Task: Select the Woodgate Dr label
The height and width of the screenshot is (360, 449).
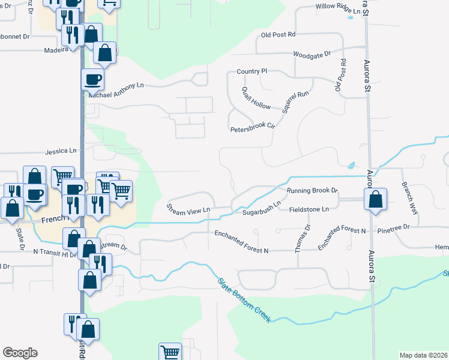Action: [312, 54]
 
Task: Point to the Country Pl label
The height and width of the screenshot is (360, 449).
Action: [252, 71]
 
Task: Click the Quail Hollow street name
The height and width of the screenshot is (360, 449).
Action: [256, 97]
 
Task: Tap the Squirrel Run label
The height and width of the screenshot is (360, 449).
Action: [295, 102]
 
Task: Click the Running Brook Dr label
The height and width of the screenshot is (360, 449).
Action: [312, 191]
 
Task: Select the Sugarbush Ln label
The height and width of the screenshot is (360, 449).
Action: [262, 209]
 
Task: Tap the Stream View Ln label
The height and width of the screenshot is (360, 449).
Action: [188, 209]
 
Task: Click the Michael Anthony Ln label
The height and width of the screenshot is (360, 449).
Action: [116, 91]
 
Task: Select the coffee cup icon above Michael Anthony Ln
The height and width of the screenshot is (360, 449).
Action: [93, 79]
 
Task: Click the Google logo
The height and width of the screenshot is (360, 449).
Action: [20, 352]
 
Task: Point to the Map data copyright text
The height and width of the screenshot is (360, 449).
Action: [423, 355]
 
